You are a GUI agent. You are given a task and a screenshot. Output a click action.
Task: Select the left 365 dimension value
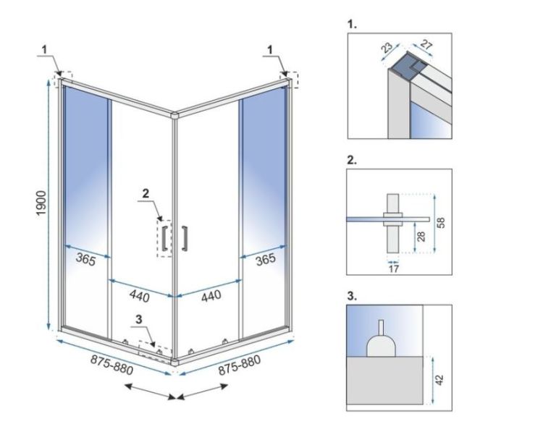(x=85, y=261)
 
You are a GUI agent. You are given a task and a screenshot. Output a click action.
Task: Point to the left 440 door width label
(x=140, y=295)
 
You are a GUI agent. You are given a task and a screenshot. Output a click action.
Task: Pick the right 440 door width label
(x=210, y=295)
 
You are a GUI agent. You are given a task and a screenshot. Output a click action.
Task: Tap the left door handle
(x=165, y=239)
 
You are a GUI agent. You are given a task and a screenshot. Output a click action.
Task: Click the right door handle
(x=185, y=239)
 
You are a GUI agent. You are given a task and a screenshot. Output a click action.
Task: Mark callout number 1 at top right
(x=271, y=49)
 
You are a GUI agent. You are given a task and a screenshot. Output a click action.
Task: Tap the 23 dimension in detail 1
(x=388, y=48)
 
